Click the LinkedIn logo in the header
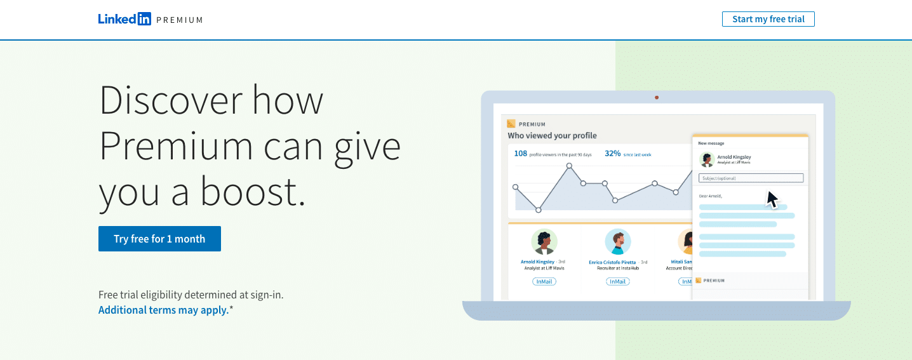(124, 19)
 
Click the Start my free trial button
(768, 19)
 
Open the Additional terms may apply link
(163, 310)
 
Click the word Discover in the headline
(171, 100)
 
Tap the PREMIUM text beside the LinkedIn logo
(180, 20)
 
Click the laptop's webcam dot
(657, 98)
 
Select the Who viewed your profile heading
(552, 135)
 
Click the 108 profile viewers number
(520, 154)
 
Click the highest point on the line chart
(569, 166)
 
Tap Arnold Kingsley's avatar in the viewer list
(544, 242)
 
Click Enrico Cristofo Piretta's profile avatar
(617, 242)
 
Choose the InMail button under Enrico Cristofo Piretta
(617, 281)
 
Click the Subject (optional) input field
(751, 178)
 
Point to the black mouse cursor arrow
(772, 199)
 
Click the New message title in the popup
(711, 143)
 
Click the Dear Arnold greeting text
(710, 196)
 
